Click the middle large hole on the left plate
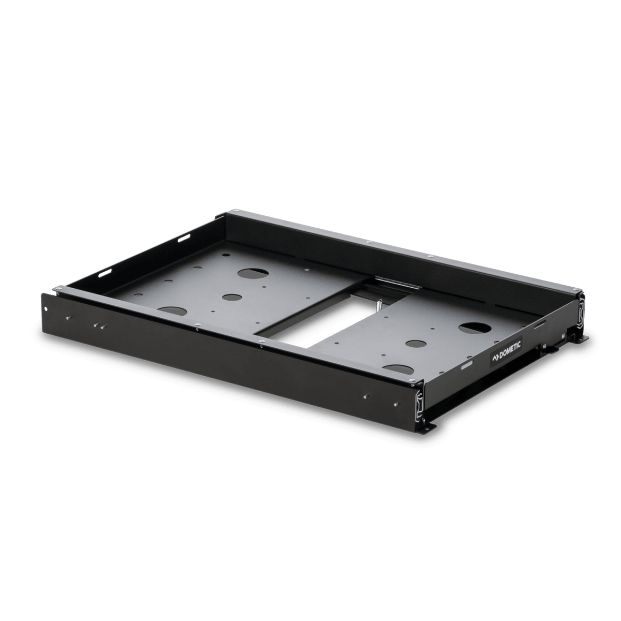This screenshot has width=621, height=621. [232, 298]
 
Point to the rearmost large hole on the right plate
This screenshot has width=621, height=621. [474, 328]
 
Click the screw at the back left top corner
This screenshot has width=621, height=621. [235, 212]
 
